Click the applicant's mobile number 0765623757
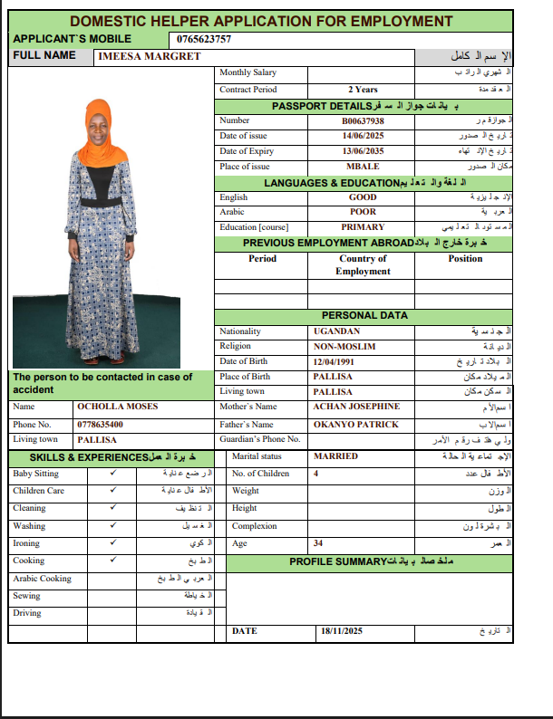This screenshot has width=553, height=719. pyautogui.click(x=200, y=39)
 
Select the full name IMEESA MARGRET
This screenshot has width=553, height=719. pyautogui.click(x=137, y=56)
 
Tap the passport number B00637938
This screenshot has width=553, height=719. pyautogui.click(x=363, y=120)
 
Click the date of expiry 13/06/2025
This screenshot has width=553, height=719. pyautogui.click(x=363, y=151)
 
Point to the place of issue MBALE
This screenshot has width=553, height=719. pyautogui.click(x=363, y=167)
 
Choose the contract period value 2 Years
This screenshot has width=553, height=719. pyautogui.click(x=363, y=90)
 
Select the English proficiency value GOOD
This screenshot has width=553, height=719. pyautogui.click(x=363, y=197)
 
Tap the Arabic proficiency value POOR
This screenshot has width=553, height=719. pyautogui.click(x=363, y=212)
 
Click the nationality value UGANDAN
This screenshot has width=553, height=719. pyautogui.click(x=336, y=331)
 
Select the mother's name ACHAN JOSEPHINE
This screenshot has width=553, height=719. pyautogui.click(x=356, y=407)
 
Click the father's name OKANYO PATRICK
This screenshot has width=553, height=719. pyautogui.click(x=355, y=424)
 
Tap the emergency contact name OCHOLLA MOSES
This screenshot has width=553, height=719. pyautogui.click(x=118, y=407)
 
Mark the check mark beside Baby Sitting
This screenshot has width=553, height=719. pyautogui.click(x=112, y=474)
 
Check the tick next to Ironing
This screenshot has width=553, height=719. pyautogui.click(x=112, y=543)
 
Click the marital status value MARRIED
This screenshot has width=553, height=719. pyautogui.click(x=335, y=456)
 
